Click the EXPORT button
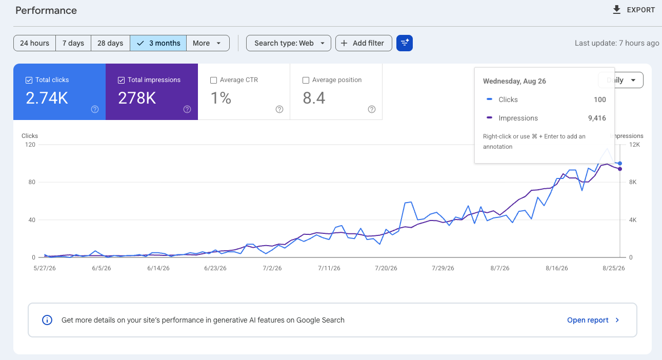pos(634,10)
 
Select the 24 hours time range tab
pos(34,43)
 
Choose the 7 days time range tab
pos(73,43)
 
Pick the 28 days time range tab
pos(110,43)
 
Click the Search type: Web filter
pos(289,43)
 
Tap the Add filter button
pos(364,43)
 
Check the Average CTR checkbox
pos(213,80)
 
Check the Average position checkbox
pos(306,80)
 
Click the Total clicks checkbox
pos(29,80)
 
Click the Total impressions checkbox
pos(121,80)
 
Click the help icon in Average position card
pos(371,109)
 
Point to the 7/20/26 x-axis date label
pos(386,268)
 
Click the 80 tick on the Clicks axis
pos(32,182)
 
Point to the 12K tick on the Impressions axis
pos(634,145)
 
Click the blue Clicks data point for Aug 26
pos(620,164)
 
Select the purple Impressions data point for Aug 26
pos(620,169)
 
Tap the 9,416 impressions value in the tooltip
pos(597,118)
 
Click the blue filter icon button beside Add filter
pos(405,43)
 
